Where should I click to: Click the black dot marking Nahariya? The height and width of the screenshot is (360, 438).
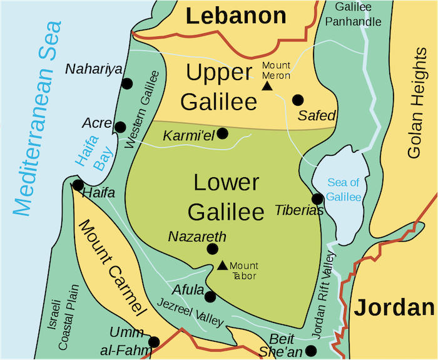pyautogui.click(x=128, y=83)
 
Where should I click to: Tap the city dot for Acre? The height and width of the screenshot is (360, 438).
pyautogui.click(x=120, y=127)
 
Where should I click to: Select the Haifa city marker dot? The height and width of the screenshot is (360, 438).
pyautogui.click(x=78, y=185)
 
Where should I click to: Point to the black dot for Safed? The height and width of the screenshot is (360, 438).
pyautogui.click(x=298, y=100)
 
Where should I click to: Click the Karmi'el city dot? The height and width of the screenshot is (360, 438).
pyautogui.click(x=222, y=133)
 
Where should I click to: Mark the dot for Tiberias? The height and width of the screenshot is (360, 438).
pyautogui.click(x=317, y=198)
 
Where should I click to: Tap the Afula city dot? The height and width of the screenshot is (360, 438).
pyautogui.click(x=210, y=297)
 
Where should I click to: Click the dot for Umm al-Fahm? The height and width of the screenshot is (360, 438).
pyautogui.click(x=154, y=342)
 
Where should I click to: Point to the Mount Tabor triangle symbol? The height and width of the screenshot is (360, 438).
pyautogui.click(x=223, y=265)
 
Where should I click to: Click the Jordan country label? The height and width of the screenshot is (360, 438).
pyautogui.click(x=394, y=307)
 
